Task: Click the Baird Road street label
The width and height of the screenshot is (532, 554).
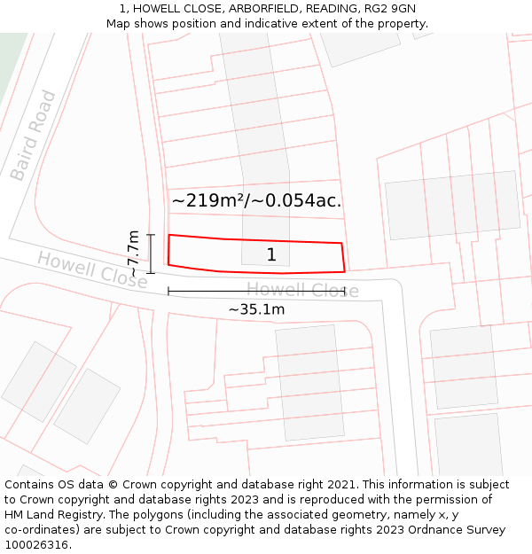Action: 33,135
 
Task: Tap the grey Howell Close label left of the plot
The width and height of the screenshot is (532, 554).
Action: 91,269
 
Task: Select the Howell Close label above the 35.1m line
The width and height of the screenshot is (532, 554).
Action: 302,290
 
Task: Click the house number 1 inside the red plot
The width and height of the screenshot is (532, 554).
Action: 271,255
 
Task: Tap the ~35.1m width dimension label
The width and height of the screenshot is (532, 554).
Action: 256,309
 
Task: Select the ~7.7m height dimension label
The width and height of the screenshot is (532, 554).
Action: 133,254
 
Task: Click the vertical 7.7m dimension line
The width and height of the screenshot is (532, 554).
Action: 151,254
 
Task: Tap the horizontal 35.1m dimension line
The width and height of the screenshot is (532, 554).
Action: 256,290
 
